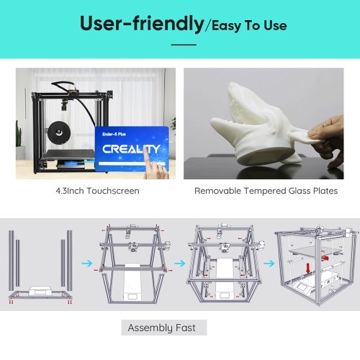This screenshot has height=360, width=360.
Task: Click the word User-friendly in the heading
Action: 142,24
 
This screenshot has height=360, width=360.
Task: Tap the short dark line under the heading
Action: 184,45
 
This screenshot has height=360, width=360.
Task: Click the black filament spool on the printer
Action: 58,132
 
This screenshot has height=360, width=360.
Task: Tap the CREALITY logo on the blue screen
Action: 131,149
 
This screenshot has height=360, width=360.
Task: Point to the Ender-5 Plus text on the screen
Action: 114,134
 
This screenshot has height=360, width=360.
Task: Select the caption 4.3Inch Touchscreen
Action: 97,191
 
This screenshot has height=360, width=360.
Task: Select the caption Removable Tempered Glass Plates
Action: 266,191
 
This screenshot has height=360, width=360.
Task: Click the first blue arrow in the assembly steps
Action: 87,264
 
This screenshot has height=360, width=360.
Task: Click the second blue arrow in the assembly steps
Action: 180,264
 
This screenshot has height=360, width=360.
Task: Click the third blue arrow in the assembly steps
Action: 269,264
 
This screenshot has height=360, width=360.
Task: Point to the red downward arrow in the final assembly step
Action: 308,269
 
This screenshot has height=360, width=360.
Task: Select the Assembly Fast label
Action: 162,328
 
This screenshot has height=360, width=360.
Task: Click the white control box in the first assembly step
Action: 40,291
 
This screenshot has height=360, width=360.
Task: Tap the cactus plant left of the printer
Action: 19,135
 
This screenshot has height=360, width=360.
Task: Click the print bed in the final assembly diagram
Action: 315,251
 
